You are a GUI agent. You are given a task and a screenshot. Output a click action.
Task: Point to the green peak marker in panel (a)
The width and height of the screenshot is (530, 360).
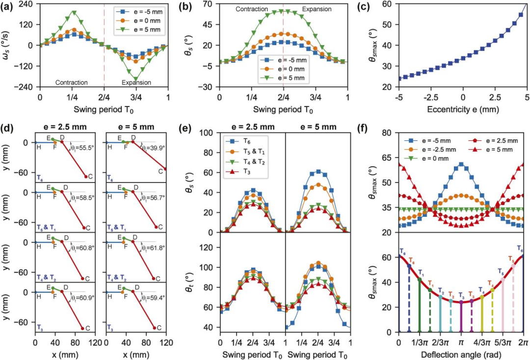click(x=74, y=12)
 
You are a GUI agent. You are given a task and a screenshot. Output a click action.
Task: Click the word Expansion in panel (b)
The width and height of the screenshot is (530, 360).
click(x=317, y=9)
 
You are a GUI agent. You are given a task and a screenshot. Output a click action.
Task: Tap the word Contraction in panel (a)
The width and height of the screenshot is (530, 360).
click(x=72, y=82)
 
